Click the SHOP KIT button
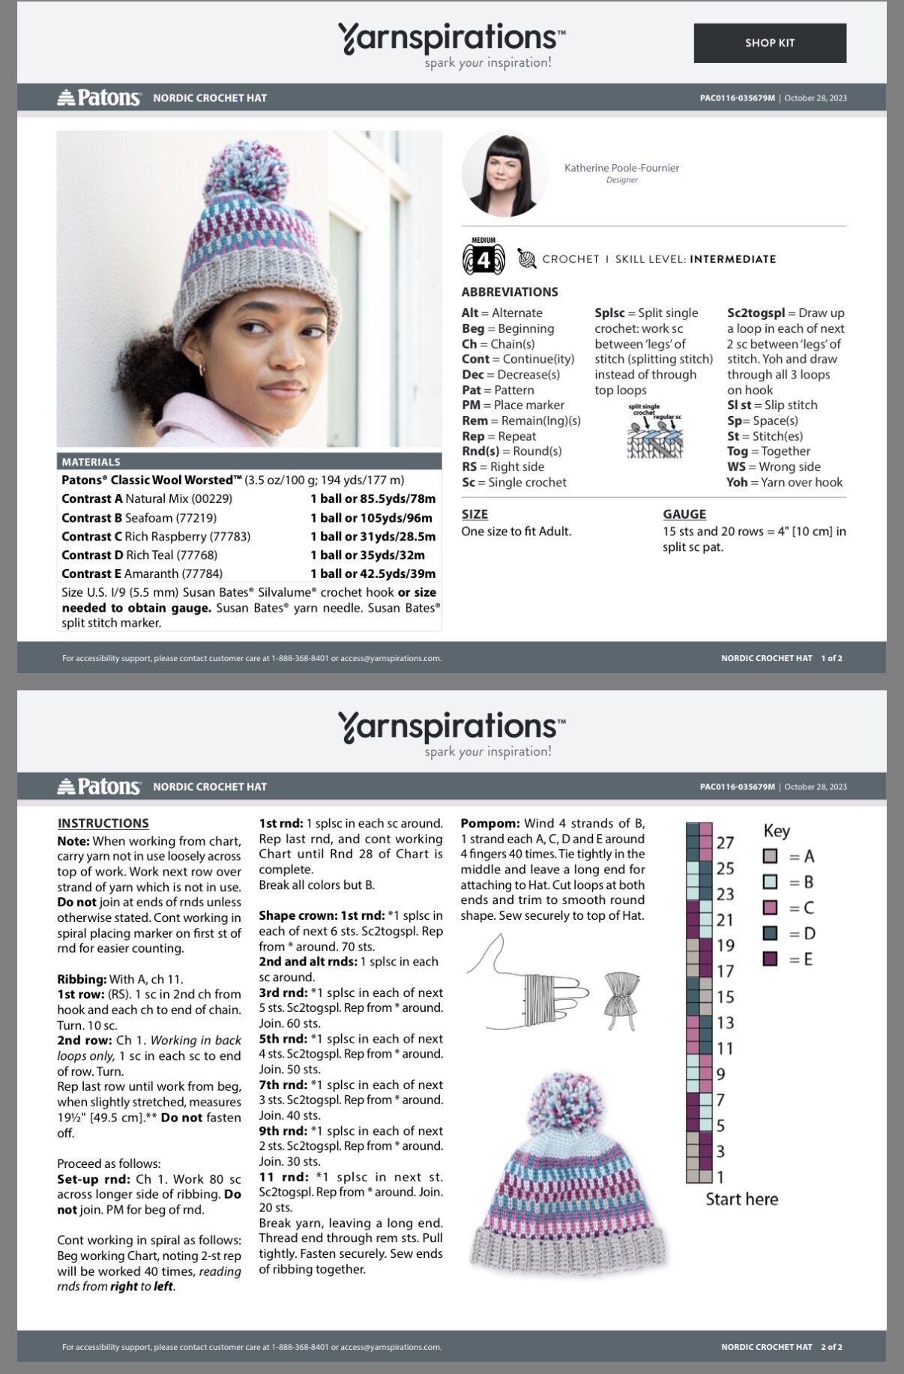point(770,43)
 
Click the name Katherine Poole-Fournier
point(621,168)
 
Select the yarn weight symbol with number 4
point(483,259)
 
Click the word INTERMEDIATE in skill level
point(732,259)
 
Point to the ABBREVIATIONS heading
point(510,292)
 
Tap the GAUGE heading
point(684,514)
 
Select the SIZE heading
point(474,514)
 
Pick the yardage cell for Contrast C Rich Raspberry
point(373,537)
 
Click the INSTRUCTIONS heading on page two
point(103,823)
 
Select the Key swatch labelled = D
point(770,934)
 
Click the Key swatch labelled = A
point(770,856)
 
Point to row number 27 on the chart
point(725,843)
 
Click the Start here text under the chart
point(741,1199)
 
